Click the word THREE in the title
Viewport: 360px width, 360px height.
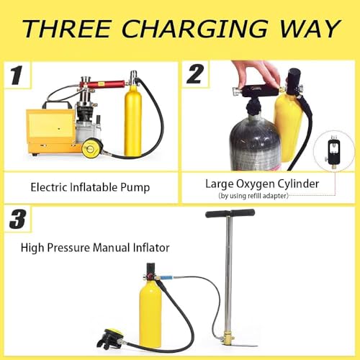tap(68, 29)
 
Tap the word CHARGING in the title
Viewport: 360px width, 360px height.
tap(195, 29)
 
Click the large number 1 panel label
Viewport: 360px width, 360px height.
tap(17, 75)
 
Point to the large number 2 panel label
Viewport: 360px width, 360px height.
tap(195, 75)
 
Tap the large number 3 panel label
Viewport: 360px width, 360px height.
tap(18, 219)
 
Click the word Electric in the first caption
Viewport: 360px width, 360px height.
tap(49, 187)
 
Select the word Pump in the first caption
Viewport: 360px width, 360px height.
tap(135, 188)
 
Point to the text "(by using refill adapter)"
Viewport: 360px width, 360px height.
tap(253, 196)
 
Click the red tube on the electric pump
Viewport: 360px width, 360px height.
tap(102, 84)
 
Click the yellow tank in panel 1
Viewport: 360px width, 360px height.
tap(132, 120)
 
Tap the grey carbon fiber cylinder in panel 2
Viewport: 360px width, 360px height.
tap(254, 142)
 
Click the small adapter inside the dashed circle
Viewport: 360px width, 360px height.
tap(334, 151)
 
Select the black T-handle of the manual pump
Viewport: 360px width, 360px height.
tap(230, 213)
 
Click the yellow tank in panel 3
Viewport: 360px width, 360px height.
tap(150, 319)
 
